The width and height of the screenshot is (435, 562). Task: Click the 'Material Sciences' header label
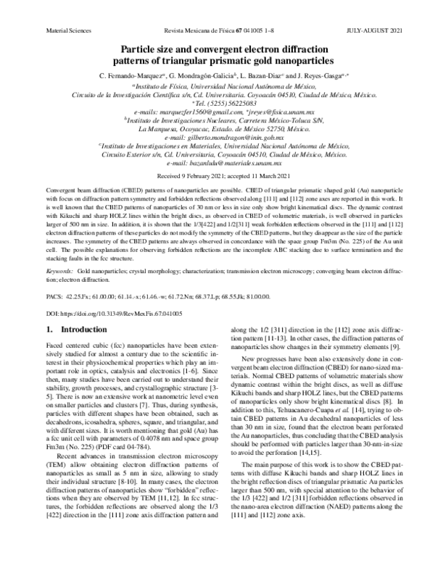(67, 11)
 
